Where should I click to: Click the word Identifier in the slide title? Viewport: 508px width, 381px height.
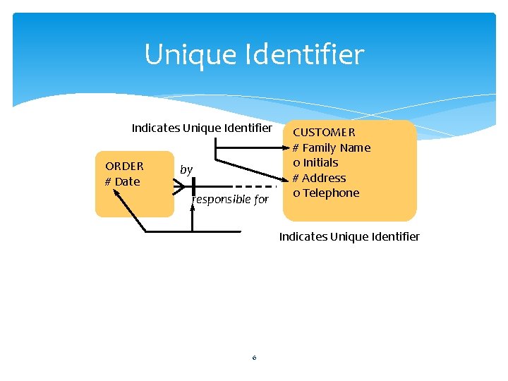click(305, 54)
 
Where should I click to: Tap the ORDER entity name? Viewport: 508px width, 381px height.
click(124, 167)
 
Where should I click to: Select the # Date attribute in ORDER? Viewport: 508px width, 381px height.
click(123, 182)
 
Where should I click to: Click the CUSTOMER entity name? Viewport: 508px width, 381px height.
click(324, 132)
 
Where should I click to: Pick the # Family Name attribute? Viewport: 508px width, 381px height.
click(331, 147)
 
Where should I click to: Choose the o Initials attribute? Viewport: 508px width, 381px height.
click(315, 162)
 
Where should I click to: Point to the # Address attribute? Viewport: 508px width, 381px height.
click(319, 178)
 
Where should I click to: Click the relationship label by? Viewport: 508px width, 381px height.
click(186, 169)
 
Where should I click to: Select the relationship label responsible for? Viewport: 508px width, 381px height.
click(230, 200)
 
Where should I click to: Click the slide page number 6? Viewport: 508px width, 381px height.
click(254, 358)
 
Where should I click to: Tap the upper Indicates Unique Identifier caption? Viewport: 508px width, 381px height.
click(201, 128)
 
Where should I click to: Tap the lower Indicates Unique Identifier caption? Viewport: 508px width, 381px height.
click(349, 236)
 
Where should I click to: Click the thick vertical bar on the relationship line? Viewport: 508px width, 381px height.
click(193, 186)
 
